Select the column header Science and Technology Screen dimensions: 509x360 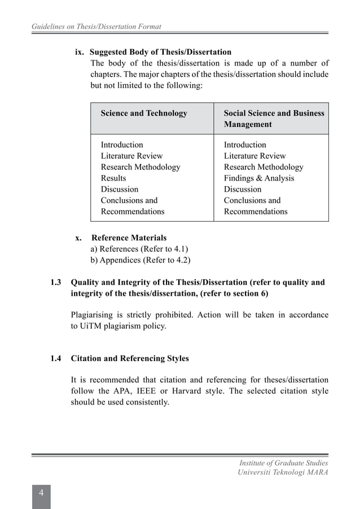(x=144, y=113)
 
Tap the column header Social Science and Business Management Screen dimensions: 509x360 (x=274, y=119)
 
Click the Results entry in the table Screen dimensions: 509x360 (x=113, y=178)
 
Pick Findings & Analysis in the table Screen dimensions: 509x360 (x=259, y=178)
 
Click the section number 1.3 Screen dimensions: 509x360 (x=56, y=282)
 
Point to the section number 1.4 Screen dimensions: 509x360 (x=56, y=358)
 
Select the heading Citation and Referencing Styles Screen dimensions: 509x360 (x=130, y=358)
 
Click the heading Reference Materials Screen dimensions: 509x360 (x=129, y=238)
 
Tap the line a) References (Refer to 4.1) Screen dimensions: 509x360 (x=139, y=249)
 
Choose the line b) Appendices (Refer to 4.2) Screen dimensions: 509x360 (x=141, y=260)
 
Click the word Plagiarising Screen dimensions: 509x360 (x=94, y=314)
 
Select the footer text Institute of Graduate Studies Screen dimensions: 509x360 (x=284, y=463)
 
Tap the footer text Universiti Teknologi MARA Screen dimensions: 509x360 (x=283, y=472)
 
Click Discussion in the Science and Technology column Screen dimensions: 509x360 (x=119, y=190)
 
